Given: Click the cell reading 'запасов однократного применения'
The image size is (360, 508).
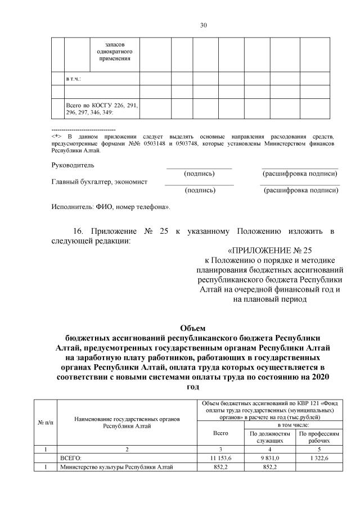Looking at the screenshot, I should coord(114,51).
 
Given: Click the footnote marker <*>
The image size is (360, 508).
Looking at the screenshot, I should coord(56,137).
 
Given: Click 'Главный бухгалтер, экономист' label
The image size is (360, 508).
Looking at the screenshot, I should coord(100,182).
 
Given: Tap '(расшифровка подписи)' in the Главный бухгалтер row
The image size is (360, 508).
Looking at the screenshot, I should coord(301,190).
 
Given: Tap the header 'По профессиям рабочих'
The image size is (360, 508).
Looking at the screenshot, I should coord(319,438).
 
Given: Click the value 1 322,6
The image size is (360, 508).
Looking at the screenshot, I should coord(319,459).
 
